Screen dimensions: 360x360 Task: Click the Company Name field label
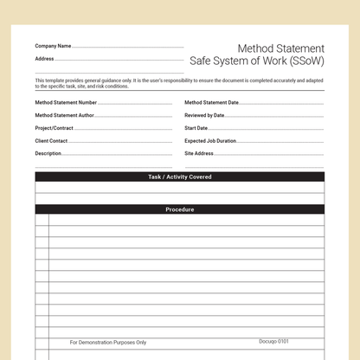tap(53, 46)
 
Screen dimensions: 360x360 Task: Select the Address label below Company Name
tap(45, 59)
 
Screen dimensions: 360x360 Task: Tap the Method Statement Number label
tap(66, 102)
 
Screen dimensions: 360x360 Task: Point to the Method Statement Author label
tap(65, 115)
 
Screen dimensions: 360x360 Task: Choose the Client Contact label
tap(51, 140)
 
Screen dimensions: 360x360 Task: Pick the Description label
tap(48, 153)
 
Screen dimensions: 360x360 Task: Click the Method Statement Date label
tap(211, 102)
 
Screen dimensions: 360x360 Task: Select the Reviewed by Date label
tap(204, 115)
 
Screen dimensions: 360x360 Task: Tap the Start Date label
tap(196, 128)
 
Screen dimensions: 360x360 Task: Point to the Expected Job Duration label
tap(210, 140)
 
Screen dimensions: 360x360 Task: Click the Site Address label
tap(199, 153)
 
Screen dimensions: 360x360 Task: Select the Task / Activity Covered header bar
tap(180, 177)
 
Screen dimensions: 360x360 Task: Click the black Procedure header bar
tap(180, 209)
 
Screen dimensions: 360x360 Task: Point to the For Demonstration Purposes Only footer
tap(108, 342)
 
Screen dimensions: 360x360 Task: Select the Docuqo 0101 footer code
tap(273, 341)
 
